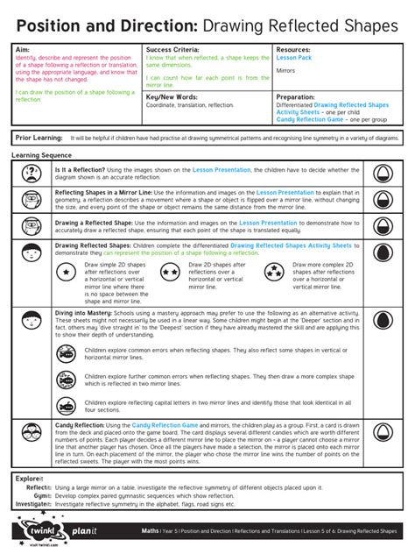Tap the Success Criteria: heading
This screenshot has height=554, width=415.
173,50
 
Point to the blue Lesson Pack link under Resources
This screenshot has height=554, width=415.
295,58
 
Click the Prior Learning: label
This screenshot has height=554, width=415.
38,138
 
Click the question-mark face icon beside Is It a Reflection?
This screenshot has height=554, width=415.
31,174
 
